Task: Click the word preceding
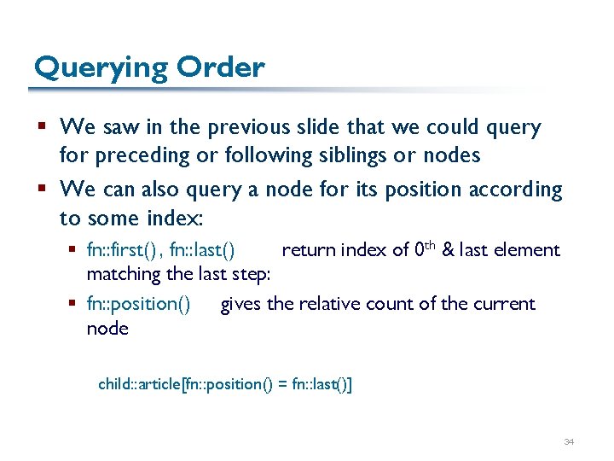[x=137, y=156]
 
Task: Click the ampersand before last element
[x=449, y=250]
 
